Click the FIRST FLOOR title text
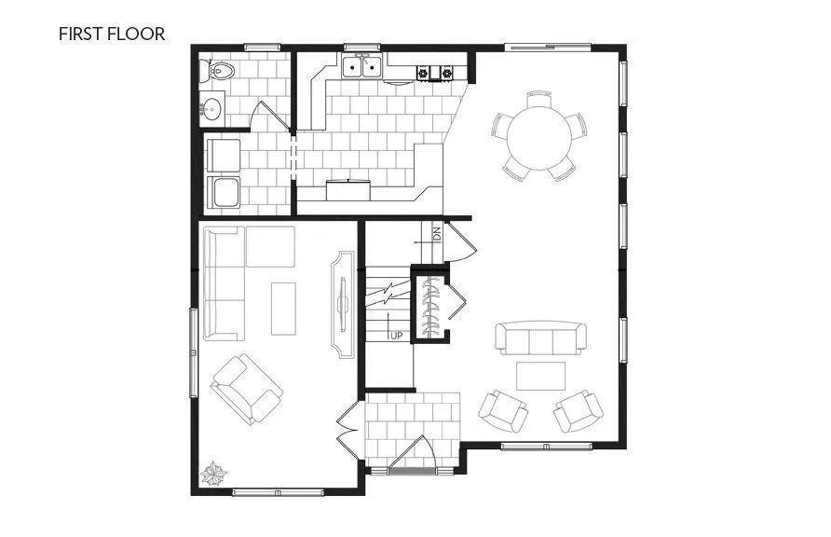[x=112, y=34]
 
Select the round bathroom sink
[x=211, y=108]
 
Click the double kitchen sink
[x=362, y=66]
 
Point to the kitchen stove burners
[x=434, y=72]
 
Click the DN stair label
[x=436, y=233]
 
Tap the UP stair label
[x=396, y=335]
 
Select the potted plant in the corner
[x=213, y=475]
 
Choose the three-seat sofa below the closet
[x=541, y=338]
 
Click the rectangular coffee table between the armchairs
[x=541, y=376]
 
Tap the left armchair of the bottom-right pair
[x=503, y=410]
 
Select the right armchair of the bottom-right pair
[x=579, y=410]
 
